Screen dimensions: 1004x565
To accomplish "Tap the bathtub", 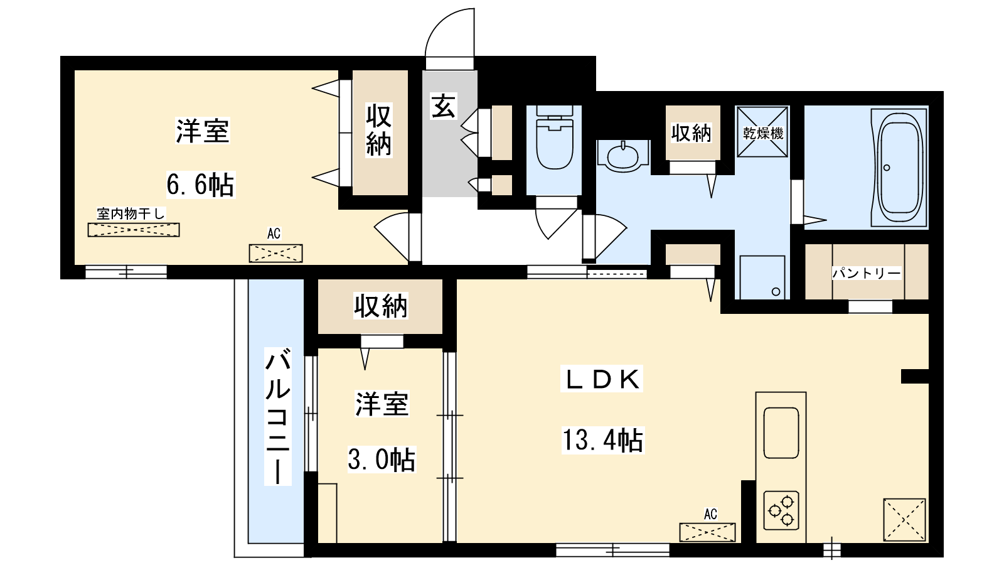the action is tap(899, 167).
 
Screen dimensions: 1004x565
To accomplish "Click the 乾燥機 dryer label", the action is tap(762, 133).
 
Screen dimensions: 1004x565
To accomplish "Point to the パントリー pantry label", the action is tap(867, 273).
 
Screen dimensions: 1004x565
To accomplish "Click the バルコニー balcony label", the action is tap(278, 416).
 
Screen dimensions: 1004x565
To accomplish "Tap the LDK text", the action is tap(602, 379).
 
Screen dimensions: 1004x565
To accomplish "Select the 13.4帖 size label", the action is tap(603, 440).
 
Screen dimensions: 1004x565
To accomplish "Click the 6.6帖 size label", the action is tap(200, 185).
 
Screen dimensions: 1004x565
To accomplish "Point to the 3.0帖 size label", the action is tap(382, 459).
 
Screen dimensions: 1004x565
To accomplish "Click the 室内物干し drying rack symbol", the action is tap(134, 230).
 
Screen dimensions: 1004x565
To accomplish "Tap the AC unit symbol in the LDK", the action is tap(707, 532).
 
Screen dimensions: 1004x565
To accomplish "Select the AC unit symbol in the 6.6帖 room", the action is tap(275, 254).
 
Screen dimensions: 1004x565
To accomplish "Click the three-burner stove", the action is tap(781, 511).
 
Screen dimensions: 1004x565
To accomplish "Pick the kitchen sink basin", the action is tap(781, 433).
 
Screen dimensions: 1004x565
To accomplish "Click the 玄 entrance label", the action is tap(443, 106).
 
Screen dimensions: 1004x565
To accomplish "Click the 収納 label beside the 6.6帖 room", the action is tap(379, 130).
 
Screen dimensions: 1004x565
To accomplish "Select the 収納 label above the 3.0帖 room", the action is tap(380, 306).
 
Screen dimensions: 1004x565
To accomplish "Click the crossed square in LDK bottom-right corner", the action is tap(904, 519).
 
